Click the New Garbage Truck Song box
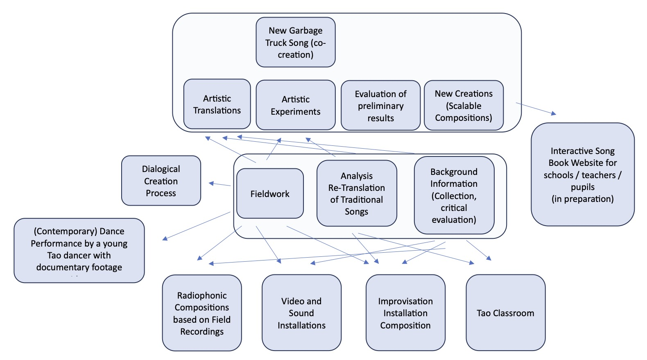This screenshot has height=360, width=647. tap(295, 42)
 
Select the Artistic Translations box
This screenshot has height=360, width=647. tap(217, 104)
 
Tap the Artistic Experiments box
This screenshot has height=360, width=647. tap(295, 105)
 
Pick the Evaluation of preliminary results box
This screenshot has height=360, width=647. tap(380, 106)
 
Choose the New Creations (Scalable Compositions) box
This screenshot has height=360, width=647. tap(464, 106)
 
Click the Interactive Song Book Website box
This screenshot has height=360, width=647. tap(582, 174)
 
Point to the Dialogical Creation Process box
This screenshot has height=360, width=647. tap(161, 181)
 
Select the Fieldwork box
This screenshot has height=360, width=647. tap(270, 194)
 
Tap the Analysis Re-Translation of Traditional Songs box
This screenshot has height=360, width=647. tap(356, 193)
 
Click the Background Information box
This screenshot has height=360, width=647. tap(454, 195)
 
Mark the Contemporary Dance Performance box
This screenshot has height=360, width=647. tap(79, 250)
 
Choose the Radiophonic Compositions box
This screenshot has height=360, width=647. tap(202, 313)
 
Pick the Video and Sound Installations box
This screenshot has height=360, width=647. tap(301, 313)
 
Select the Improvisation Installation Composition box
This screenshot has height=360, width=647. tap(405, 313)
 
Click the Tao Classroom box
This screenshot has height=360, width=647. tap(505, 313)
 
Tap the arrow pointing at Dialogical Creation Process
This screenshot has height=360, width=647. tap(219, 184)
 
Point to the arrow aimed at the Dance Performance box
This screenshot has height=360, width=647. tap(197, 226)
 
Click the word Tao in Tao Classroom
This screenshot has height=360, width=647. tap(484, 313)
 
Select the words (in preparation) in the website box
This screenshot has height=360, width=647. tap(582, 199)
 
